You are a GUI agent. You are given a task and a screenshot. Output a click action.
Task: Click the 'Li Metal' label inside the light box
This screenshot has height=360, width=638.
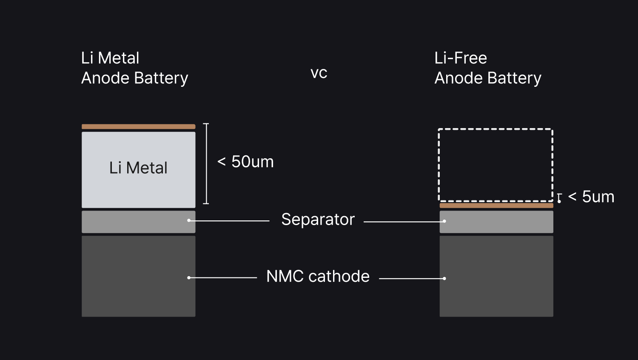click(x=138, y=168)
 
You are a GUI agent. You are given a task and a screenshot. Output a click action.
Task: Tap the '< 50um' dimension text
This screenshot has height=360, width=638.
click(x=245, y=162)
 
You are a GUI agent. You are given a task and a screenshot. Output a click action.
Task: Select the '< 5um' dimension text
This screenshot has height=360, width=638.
click(x=591, y=197)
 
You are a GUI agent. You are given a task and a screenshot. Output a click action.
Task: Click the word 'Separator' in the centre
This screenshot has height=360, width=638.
click(x=318, y=220)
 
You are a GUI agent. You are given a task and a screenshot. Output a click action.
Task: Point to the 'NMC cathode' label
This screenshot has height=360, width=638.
click(x=318, y=276)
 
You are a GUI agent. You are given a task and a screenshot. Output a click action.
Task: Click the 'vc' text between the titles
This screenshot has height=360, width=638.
click(x=319, y=73)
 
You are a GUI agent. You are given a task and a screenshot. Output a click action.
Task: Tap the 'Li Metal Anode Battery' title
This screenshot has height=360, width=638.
click(x=134, y=68)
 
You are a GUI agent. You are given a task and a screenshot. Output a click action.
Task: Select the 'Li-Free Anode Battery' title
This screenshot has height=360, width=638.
click(x=488, y=68)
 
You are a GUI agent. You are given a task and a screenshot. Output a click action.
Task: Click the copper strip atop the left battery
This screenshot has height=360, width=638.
click(x=138, y=126)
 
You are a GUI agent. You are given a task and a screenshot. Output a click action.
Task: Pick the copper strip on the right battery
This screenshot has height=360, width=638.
click(x=496, y=206)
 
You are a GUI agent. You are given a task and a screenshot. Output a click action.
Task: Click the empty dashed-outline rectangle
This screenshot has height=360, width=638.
click(x=496, y=165)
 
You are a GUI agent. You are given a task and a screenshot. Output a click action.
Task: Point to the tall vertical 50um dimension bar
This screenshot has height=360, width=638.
click(x=206, y=164)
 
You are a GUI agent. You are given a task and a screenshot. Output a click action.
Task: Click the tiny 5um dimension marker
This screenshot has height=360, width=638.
click(x=559, y=198)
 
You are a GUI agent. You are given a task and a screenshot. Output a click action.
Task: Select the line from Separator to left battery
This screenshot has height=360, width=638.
click(x=230, y=220)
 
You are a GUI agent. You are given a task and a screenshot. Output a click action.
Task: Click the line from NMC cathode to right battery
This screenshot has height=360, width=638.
click(x=412, y=278)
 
